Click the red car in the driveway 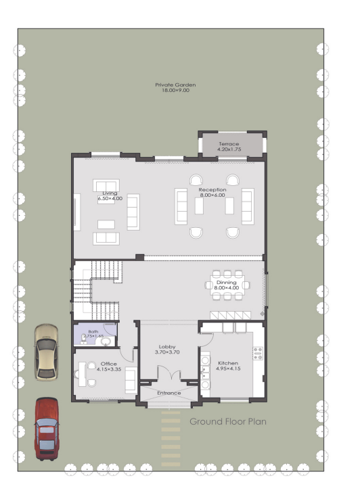(47, 429)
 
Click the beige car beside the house (47, 352)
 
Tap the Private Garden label (175, 85)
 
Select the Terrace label (229, 144)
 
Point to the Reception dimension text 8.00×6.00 (212, 195)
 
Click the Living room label (110, 193)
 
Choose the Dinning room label (227, 282)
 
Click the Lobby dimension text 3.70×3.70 (167, 352)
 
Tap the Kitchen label (228, 363)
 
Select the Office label (109, 364)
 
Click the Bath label (93, 331)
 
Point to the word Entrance (169, 393)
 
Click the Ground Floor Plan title (228, 421)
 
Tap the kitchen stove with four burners (258, 353)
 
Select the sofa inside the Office (131, 380)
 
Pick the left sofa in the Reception (181, 206)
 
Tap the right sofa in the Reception (248, 206)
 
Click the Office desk (82, 375)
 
